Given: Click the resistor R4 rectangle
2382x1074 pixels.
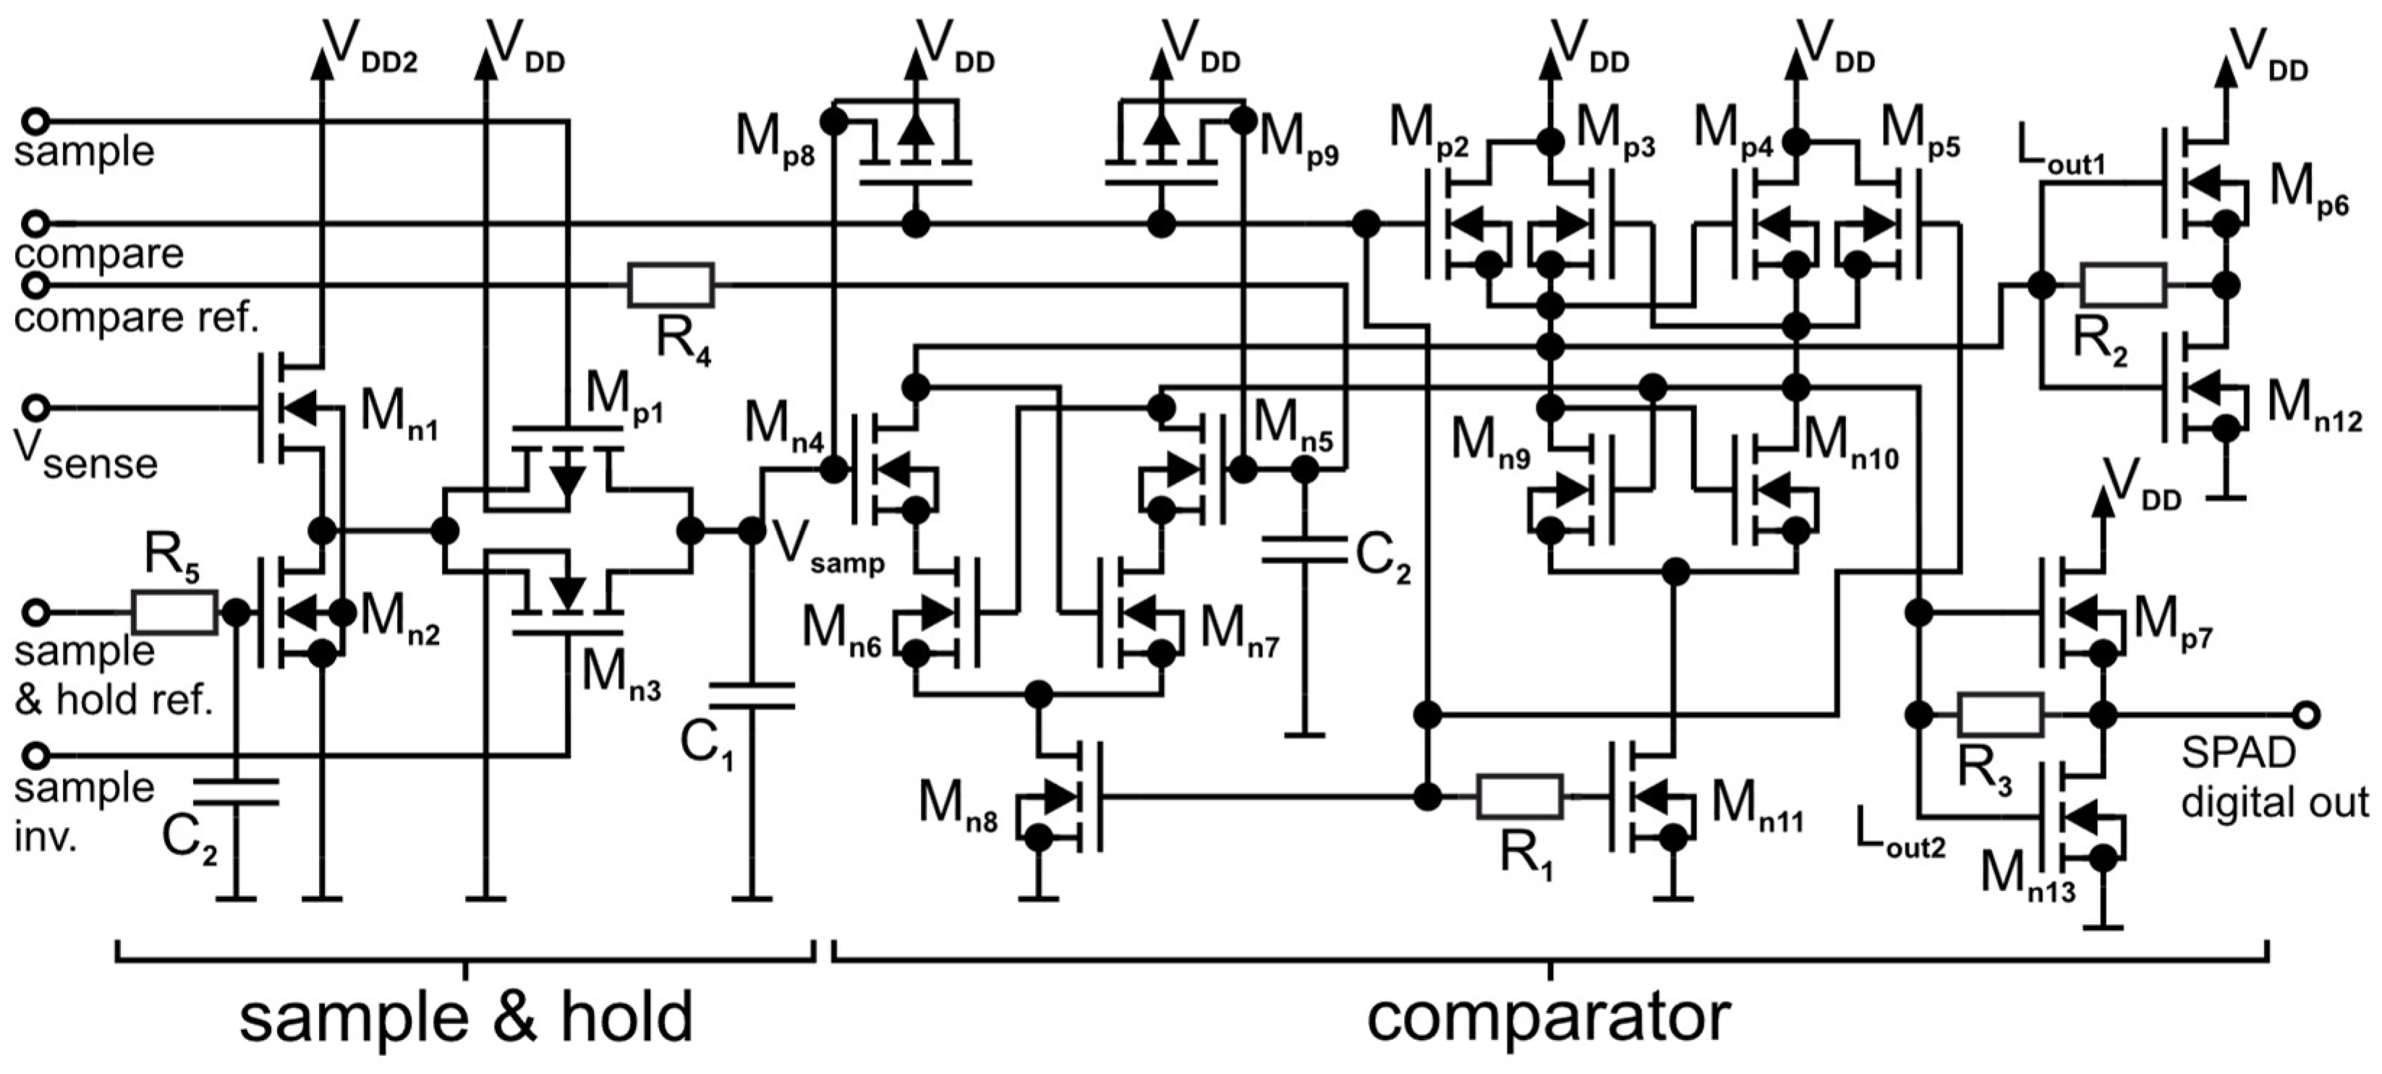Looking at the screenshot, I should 671,285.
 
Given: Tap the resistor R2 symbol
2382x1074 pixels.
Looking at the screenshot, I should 2122,285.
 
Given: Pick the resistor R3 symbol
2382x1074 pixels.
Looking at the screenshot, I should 2001,715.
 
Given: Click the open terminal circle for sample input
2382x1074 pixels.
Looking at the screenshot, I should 35,121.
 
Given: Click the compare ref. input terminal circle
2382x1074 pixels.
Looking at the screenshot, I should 35,285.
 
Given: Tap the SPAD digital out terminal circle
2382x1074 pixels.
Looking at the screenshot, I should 2307,715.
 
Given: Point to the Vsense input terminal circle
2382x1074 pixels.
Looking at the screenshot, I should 35,406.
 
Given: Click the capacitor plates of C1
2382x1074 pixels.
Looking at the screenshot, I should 751,695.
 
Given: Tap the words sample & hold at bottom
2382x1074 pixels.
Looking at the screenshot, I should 466,1017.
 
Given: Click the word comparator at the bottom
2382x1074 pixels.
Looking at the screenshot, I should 1548,1017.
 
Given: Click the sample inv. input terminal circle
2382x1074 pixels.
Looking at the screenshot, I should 35,755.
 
